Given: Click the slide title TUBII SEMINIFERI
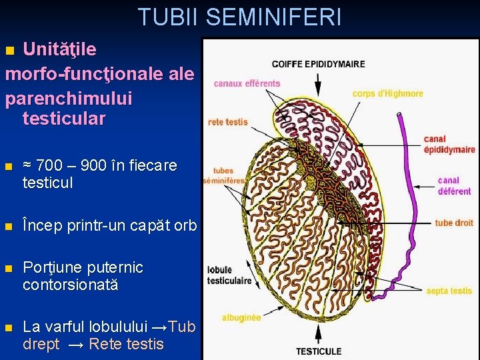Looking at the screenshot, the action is coord(239,17).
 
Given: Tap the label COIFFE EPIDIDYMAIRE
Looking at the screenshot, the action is coord(318,64).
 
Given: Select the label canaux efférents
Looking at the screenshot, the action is coord(247,84).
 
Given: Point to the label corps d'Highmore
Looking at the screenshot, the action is coord(387,93).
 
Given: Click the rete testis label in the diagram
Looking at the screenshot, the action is coord(228,122).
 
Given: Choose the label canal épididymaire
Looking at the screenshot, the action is coord(449,145).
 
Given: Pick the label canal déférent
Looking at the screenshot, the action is coord(454,186).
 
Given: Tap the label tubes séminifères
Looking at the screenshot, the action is coord(223,176).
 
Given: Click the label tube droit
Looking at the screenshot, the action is coord(453,223).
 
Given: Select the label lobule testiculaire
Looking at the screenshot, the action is coord(229,275).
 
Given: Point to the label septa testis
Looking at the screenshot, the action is coord(449,291).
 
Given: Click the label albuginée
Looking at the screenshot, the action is coord(241,318).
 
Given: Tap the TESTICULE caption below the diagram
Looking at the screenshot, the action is coord(319,351).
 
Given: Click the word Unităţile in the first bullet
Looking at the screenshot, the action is coord(59,49).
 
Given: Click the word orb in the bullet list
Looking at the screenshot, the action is coord(185,225).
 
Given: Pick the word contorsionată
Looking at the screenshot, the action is coord(70,285).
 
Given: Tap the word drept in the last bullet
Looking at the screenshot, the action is coord(41,345).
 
